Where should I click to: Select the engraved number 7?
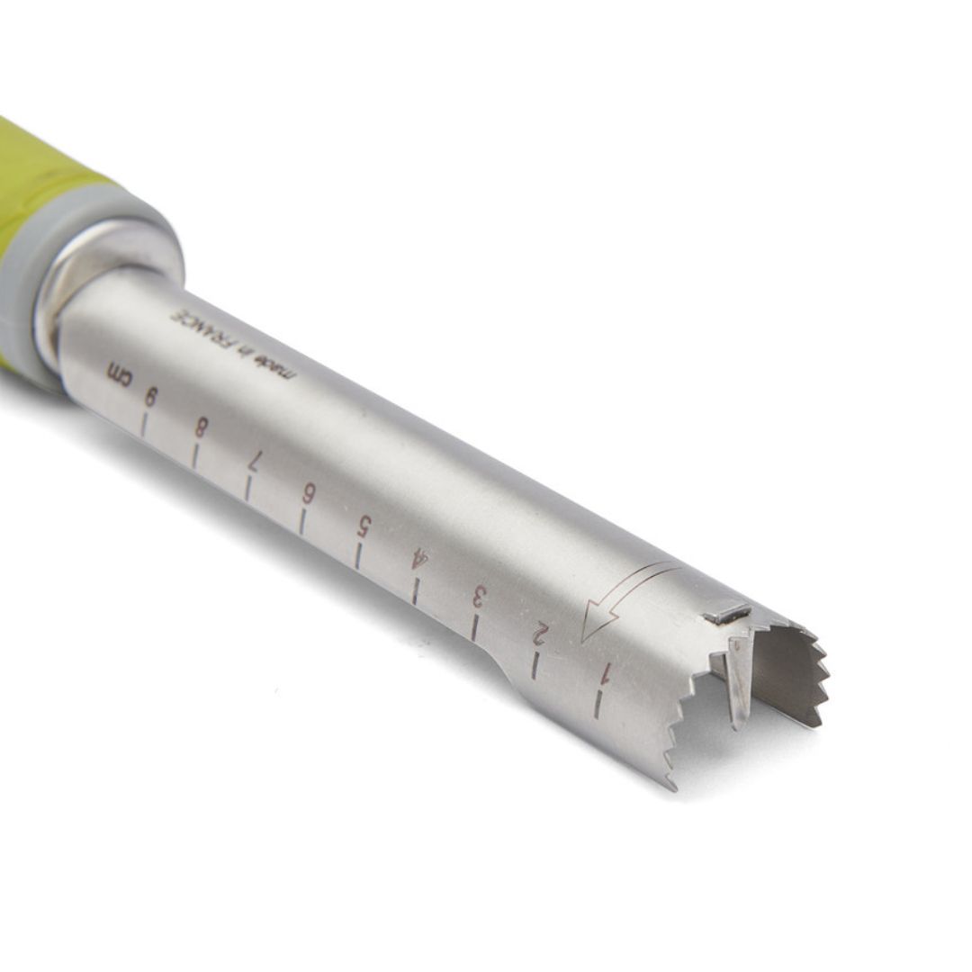pos(255,461)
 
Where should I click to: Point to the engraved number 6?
pos(308,494)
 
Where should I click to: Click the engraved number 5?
pos(363,526)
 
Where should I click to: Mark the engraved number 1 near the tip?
pos(607,671)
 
